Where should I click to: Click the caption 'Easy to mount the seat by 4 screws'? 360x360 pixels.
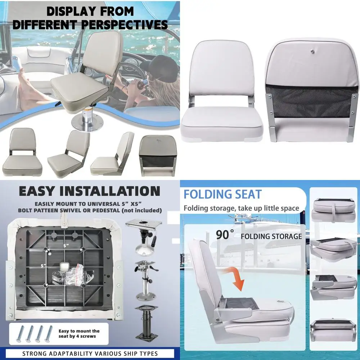click(79, 334)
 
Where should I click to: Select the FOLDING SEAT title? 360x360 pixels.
click(222, 194)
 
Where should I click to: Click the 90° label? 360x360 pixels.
click(225, 235)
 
